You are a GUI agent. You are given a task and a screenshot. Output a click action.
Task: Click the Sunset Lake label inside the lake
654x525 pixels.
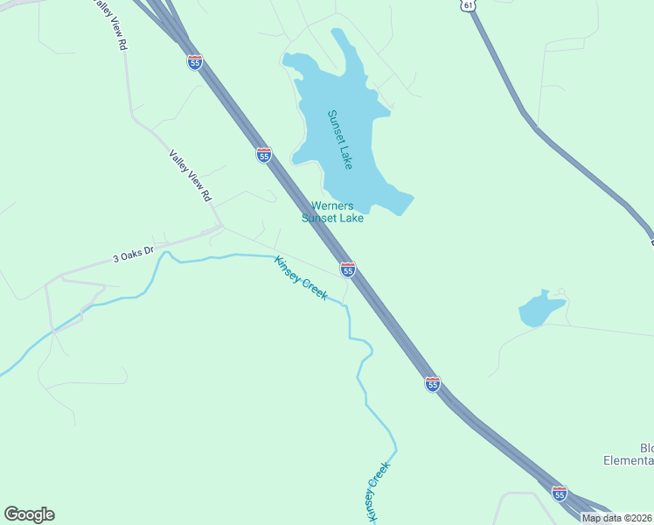pos(339,139)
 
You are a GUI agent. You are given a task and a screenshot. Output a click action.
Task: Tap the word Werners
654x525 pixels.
pos(332,206)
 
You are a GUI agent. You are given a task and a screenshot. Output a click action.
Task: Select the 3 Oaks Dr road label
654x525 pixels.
pos(133,255)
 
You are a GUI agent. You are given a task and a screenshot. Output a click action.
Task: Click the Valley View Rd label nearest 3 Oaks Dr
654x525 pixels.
pos(191,175)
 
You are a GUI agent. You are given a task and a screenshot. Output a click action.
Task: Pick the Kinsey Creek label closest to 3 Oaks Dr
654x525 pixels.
pos(301,277)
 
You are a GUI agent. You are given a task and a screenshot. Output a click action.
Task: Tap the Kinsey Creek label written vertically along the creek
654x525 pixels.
pos(377,493)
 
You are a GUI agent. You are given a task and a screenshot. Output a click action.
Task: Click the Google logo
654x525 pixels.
pos(29,514)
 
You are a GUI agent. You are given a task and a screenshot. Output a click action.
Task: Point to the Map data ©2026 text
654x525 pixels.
pos(616,518)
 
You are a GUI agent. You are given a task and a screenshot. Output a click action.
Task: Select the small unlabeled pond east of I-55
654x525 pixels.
pos(540,309)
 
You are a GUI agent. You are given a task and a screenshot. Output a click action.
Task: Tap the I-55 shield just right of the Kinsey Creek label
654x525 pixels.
pos(348,269)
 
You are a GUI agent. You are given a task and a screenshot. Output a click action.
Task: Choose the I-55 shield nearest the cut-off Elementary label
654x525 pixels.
pos(560,493)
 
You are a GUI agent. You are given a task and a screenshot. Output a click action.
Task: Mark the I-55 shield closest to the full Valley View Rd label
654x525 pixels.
pos(264,154)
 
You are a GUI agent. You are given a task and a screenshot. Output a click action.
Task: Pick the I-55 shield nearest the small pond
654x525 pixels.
pos(433,382)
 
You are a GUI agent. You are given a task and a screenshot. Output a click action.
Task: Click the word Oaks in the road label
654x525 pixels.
pos(133,255)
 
